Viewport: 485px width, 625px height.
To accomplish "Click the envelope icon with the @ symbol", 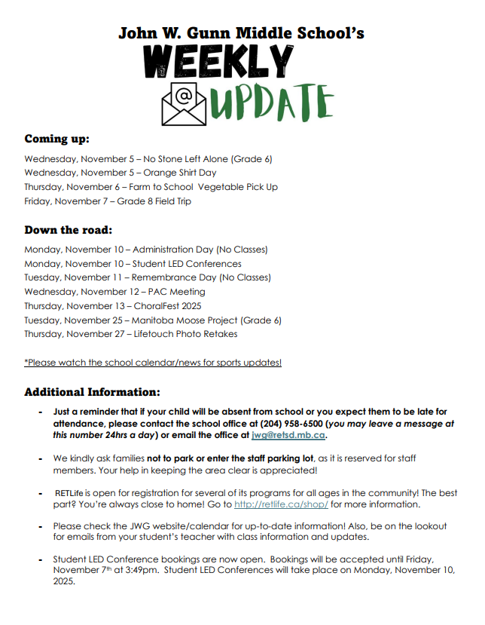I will pyautogui.click(x=184, y=104).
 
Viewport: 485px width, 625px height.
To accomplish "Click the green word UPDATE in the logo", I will pyautogui.click(x=271, y=103).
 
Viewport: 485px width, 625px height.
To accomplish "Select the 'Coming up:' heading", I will pyautogui.click(x=56, y=139).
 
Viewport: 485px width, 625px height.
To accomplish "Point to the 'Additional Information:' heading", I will pyautogui.click(x=92, y=392).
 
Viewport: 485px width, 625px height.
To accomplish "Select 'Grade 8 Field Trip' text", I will pyautogui.click(x=154, y=201).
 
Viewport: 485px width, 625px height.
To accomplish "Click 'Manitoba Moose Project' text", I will pyautogui.click(x=181, y=320).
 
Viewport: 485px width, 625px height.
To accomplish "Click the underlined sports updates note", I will pyautogui.click(x=153, y=363).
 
